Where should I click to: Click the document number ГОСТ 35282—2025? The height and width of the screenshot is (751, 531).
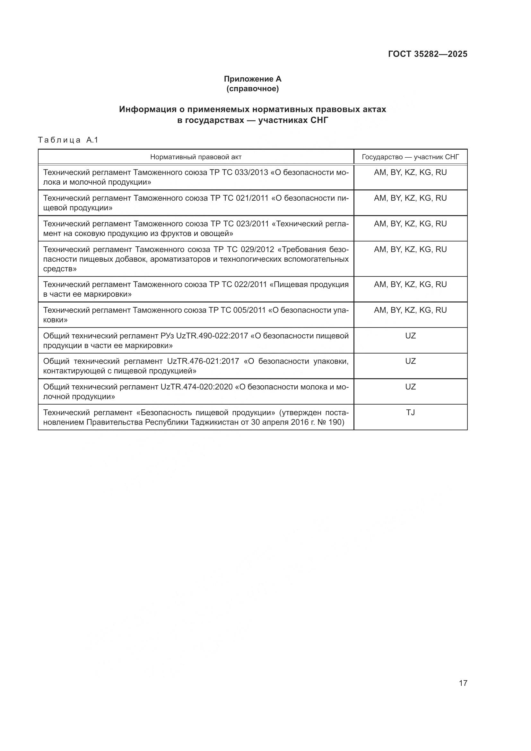(x=428, y=54)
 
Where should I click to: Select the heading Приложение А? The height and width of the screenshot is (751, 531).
(x=252, y=79)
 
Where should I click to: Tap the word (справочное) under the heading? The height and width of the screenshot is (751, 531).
(x=252, y=89)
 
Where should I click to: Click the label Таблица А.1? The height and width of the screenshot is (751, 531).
(x=68, y=140)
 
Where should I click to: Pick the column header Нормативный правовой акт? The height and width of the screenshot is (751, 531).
(x=196, y=157)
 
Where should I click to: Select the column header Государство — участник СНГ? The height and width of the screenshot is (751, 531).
(x=410, y=157)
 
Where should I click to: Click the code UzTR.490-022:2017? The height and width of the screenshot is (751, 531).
(x=212, y=336)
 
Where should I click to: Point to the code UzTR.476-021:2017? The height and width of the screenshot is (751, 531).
(x=203, y=361)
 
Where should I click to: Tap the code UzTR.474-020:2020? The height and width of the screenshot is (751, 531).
(x=196, y=387)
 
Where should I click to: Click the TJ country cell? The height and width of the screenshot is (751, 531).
(x=410, y=413)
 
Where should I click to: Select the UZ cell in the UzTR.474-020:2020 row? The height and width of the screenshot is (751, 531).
(x=410, y=387)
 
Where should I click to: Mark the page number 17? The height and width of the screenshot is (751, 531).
(x=463, y=683)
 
